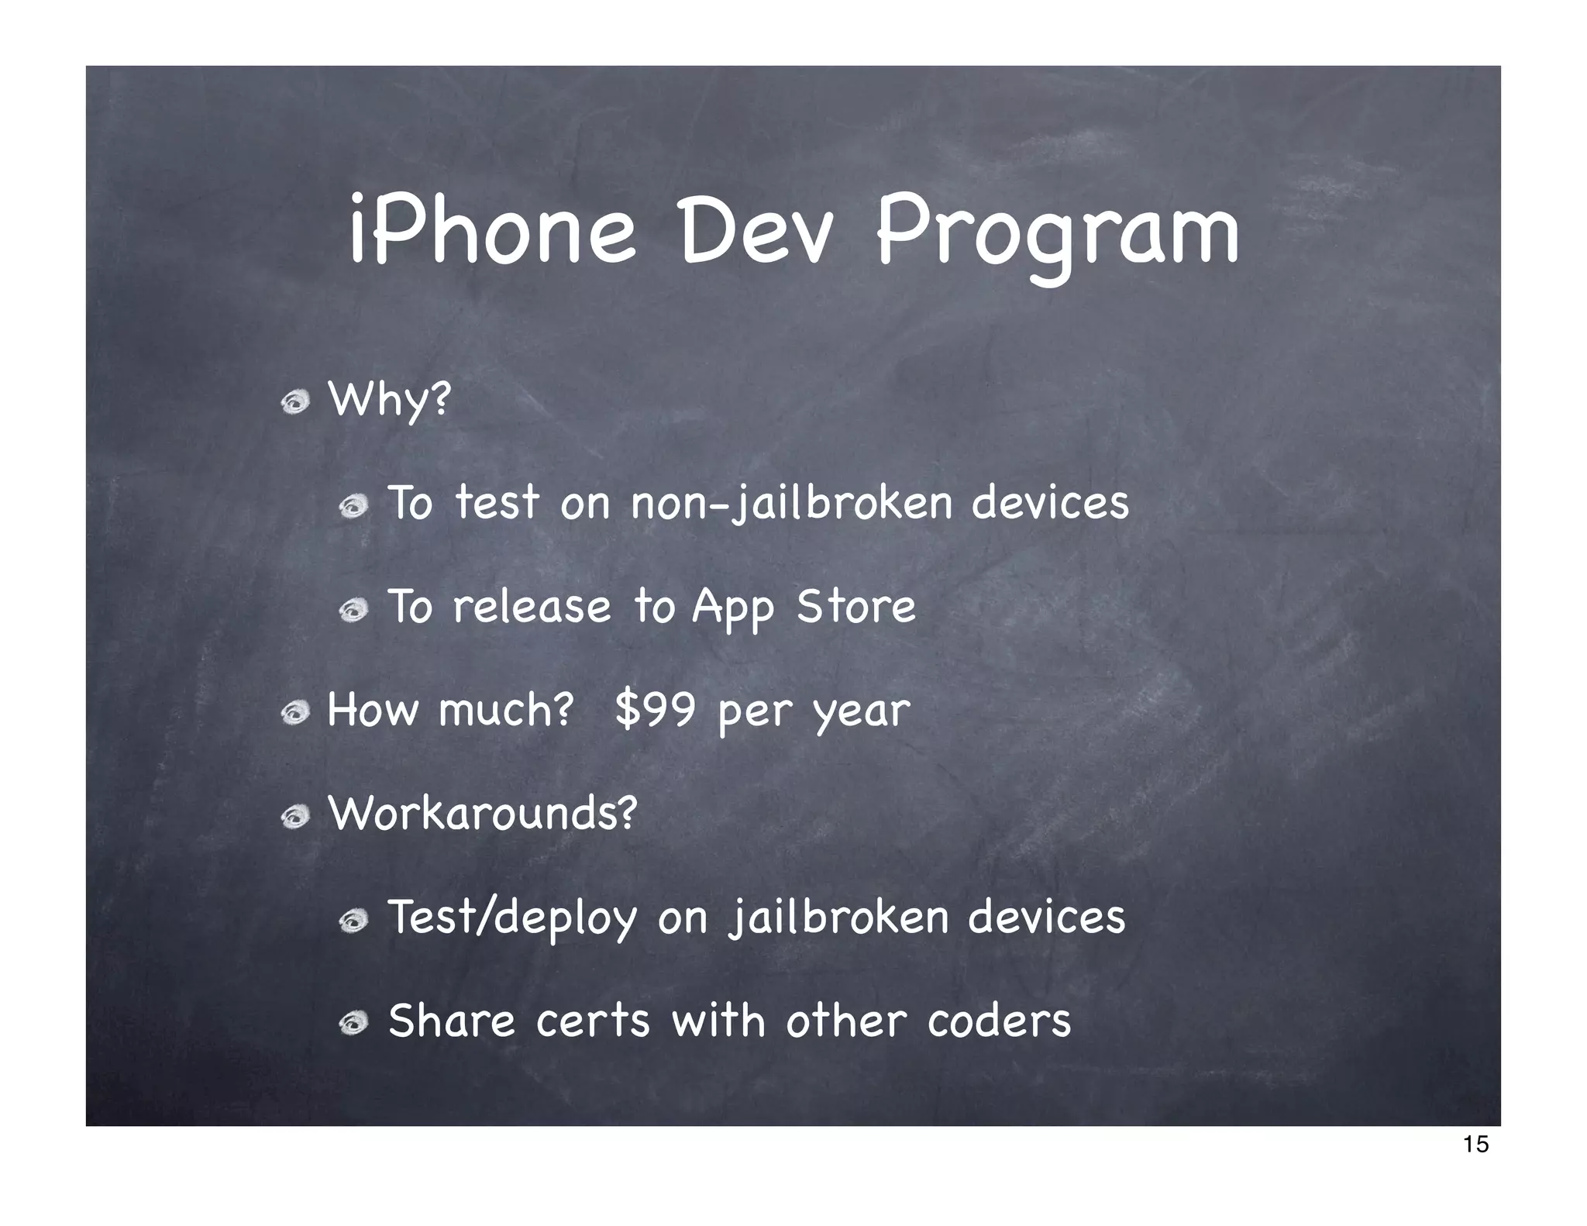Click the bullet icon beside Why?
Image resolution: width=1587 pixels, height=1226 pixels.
coord(295,402)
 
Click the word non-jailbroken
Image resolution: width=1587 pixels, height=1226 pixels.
coord(791,503)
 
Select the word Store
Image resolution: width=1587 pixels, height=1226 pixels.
coord(855,606)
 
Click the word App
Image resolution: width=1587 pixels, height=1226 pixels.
coord(732,609)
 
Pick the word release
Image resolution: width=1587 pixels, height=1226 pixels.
coord(532,606)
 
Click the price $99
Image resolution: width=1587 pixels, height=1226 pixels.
coord(655,710)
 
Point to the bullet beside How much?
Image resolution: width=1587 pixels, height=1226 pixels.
coord(295,713)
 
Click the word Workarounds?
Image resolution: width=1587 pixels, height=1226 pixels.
coord(482,813)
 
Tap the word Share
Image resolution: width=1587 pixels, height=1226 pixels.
coord(451,1020)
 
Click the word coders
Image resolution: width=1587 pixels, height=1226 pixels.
coord(999,1020)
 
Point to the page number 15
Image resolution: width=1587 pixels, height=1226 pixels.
coord(1475,1144)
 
